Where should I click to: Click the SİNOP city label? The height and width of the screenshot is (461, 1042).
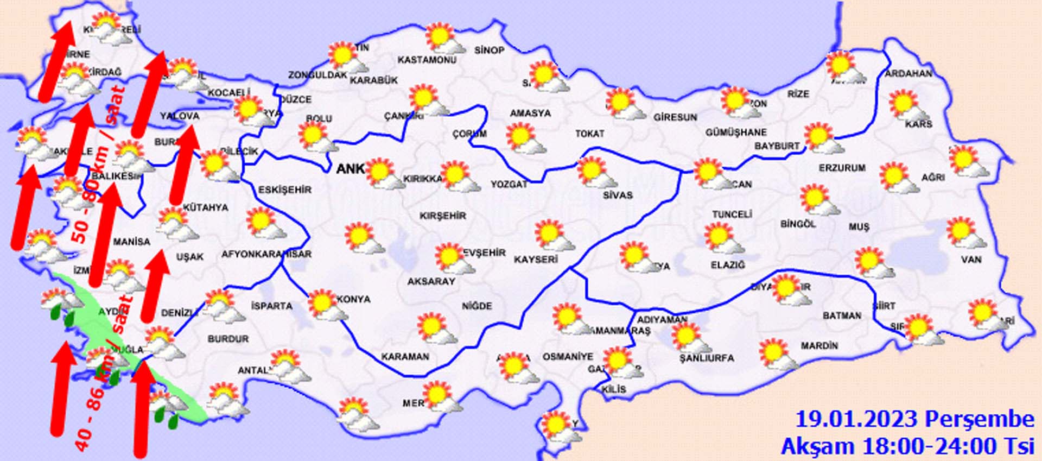pyautogui.click(x=489, y=50)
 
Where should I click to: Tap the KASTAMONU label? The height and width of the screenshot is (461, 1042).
pyautogui.click(x=427, y=60)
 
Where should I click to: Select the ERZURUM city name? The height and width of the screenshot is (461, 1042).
pyautogui.click(x=842, y=168)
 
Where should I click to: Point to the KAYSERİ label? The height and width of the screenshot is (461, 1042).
pyautogui.click(x=536, y=260)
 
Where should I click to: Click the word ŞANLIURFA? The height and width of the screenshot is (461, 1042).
pyautogui.click(x=707, y=358)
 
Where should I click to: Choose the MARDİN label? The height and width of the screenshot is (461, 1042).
pyautogui.click(x=819, y=345)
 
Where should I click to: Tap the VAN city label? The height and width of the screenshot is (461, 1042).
pyautogui.click(x=971, y=260)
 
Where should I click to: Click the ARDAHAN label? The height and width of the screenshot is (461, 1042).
pyautogui.click(x=908, y=73)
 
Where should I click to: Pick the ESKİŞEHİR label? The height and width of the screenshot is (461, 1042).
pyautogui.click(x=284, y=190)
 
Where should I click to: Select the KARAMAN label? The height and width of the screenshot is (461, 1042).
pyautogui.click(x=405, y=357)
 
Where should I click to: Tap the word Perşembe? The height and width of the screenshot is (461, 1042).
pyautogui.click(x=979, y=420)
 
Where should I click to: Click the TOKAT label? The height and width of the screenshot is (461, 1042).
pyautogui.click(x=589, y=134)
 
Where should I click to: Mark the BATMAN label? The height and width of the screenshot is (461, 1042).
pyautogui.click(x=842, y=315)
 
